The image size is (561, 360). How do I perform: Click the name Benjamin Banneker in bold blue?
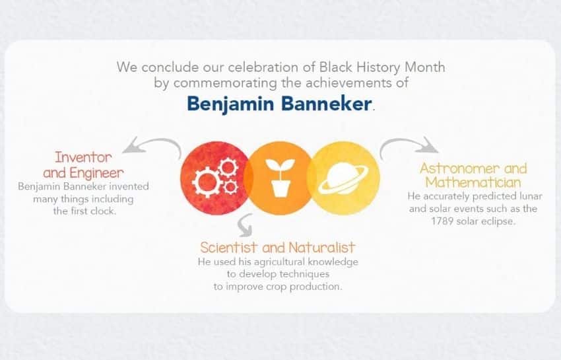coord(279,104)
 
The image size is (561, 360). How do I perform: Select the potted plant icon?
coord(280,178)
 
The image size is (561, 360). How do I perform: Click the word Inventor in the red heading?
coord(83,157)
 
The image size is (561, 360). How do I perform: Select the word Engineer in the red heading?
coord(96,173)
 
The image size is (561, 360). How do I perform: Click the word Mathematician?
coord(473,183)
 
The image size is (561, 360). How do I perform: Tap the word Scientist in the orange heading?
coord(229,248)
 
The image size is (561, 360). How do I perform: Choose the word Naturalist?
coord(321,248)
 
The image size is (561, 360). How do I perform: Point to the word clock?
coord(104,211)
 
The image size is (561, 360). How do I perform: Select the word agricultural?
coord(279,262)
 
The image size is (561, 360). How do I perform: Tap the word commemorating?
coord(225,83)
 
